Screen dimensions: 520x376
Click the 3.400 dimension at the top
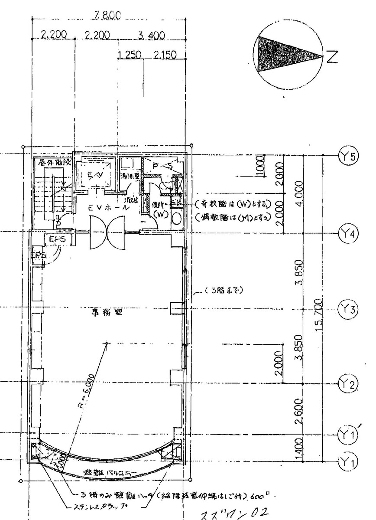point(150,35)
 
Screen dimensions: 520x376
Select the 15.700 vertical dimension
point(319,314)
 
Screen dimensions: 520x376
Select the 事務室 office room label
point(106,314)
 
